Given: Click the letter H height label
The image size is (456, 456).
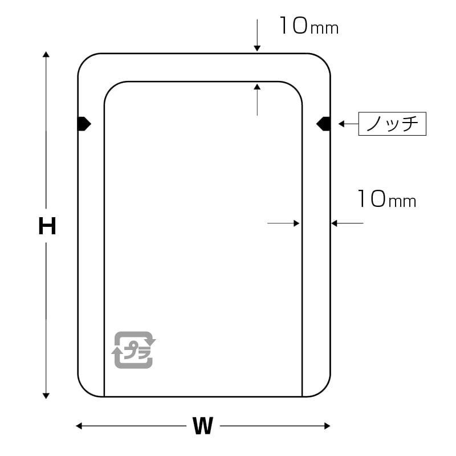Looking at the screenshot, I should click(47, 226).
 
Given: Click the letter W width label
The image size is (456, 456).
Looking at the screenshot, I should click(202, 426).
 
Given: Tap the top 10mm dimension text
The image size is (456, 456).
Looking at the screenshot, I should click(308, 26).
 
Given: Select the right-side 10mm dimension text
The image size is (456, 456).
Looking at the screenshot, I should click(386, 199).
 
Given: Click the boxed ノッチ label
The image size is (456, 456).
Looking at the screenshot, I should click(392, 124).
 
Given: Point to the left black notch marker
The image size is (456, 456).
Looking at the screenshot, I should click(84, 123).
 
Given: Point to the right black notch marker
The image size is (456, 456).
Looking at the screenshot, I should click(324, 123).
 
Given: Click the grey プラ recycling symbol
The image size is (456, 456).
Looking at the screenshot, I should click(133, 349).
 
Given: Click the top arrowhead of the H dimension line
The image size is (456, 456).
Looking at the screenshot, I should click(46, 54).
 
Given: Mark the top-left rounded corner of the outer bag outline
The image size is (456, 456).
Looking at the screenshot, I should click(84, 60).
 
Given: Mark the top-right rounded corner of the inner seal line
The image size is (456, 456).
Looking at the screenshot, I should click(295, 88).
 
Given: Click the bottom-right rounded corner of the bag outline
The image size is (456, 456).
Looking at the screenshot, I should click(324, 390).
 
